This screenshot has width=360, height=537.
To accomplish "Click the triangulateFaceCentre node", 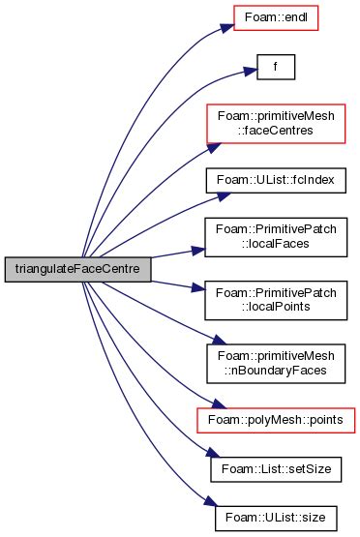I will click(77, 269).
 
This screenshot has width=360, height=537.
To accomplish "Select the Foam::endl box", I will click(276, 16).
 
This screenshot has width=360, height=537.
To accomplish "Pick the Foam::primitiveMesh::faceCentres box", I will click(276, 124).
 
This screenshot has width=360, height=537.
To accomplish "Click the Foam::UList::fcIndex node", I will click(276, 181).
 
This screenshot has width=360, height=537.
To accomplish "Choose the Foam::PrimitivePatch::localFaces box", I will click(276, 236).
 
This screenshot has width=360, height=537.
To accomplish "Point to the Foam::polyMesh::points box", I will click(276, 420).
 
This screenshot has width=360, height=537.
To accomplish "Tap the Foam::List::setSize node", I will click(276, 469).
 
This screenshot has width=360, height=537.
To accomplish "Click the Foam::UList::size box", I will click(276, 518).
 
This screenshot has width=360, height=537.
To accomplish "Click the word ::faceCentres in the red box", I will click(277, 131).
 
